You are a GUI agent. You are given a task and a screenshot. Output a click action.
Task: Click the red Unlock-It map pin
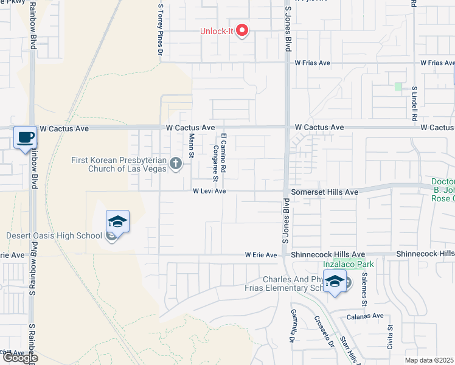pos(242,30)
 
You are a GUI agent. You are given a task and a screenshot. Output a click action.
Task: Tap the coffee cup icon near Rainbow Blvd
pos(25,137)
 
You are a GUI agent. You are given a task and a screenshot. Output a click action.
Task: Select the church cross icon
pos(176,163)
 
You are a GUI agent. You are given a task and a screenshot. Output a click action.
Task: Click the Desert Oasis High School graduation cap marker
pos(118,221)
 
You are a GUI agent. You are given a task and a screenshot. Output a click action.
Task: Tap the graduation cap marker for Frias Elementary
pos(335,282)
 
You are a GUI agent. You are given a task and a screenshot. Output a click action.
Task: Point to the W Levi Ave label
pos(209,191)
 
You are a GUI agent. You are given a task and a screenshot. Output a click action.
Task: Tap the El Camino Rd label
pos(224,152)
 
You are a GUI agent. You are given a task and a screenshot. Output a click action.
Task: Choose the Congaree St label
pos(215,163)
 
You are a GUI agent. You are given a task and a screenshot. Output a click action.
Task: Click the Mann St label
pos(191,145)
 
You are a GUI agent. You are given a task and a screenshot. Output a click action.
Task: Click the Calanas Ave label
pos(366,316)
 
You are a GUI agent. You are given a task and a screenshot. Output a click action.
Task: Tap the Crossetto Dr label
pos(325,332)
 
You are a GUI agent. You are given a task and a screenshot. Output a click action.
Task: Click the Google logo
pos(20,358)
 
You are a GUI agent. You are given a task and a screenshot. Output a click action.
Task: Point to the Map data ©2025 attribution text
pos(430,360)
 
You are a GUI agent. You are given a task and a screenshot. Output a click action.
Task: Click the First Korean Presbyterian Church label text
pos(119,164)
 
